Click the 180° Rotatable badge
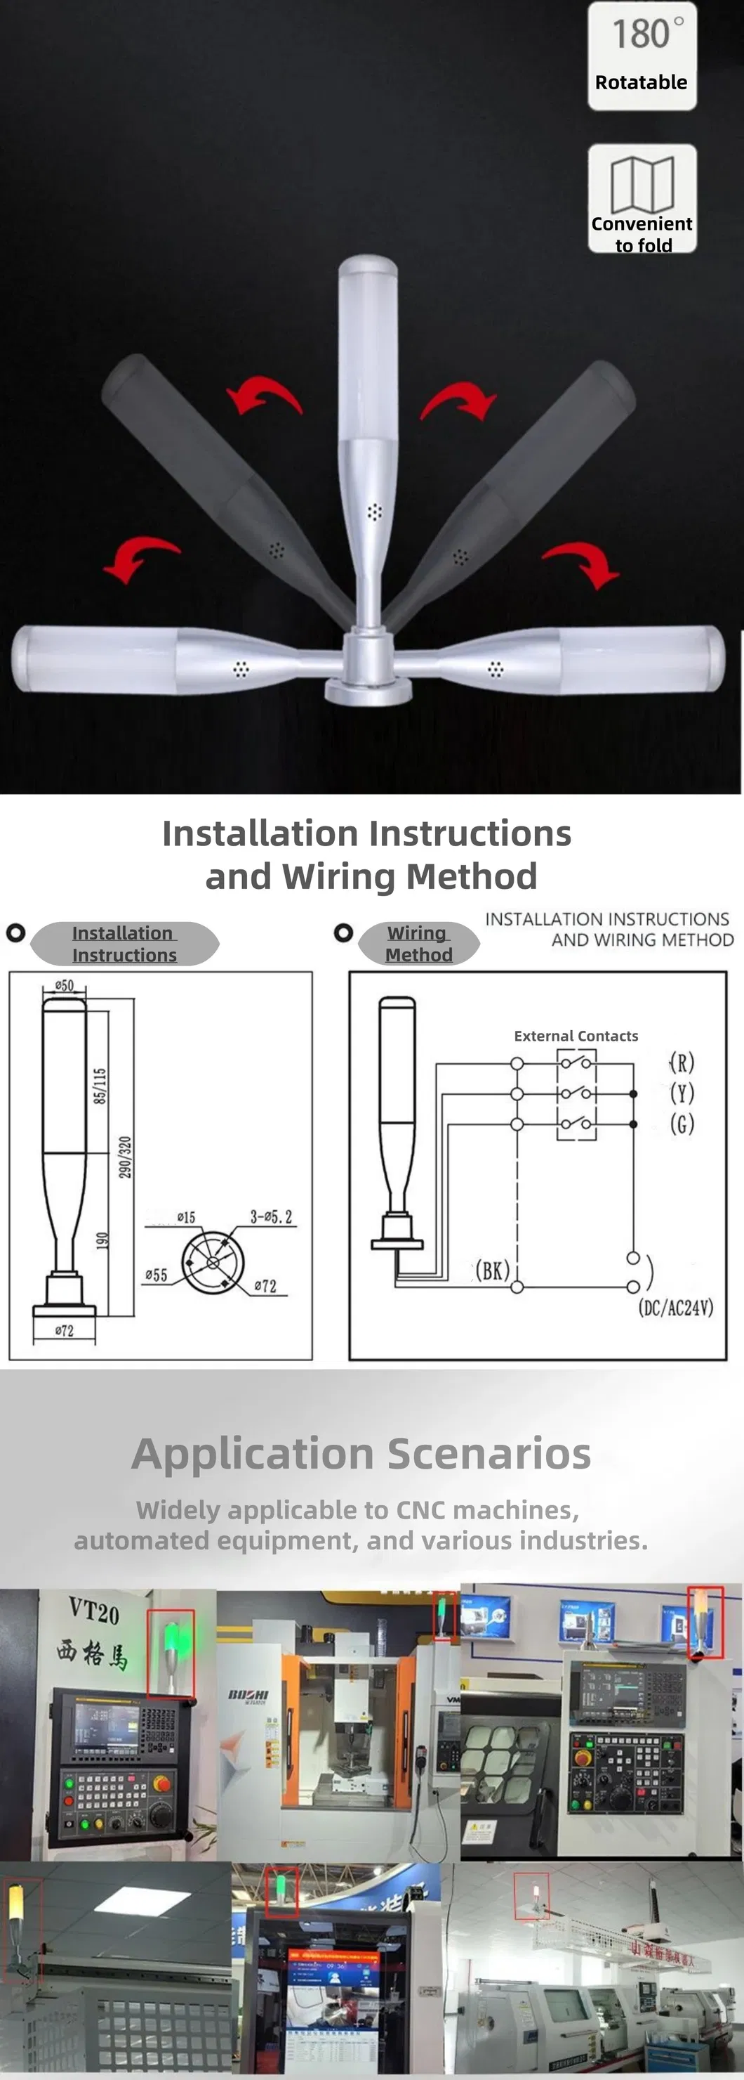click(x=642, y=56)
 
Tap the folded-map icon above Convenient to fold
click(x=642, y=183)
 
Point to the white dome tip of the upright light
click(x=367, y=266)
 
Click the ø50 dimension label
click(x=64, y=985)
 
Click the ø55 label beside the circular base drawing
click(x=156, y=1275)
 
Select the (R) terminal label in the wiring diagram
click(x=682, y=1062)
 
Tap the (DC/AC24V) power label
click(x=676, y=1307)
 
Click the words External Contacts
click(x=576, y=1036)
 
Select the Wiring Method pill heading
click(x=418, y=943)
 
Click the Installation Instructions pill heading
click(x=124, y=943)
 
